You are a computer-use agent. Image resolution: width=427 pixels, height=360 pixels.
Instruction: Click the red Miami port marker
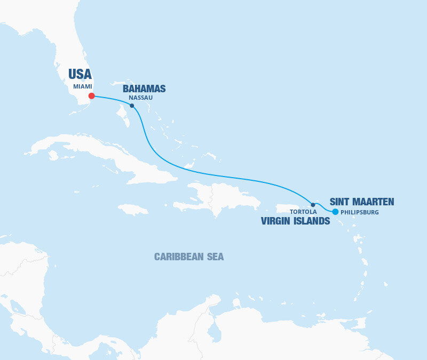[92, 96]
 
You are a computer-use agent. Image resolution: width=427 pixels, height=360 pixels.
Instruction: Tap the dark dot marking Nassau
[132, 106]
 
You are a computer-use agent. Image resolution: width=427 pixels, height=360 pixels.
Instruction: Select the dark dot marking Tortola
[313, 204]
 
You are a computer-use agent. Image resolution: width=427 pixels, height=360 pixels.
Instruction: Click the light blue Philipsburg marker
[335, 212]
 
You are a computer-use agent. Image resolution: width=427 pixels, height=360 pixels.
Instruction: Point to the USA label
[80, 74]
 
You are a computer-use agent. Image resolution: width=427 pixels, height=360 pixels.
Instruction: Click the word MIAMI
[83, 86]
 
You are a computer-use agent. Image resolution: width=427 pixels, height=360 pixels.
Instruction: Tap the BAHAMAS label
[144, 89]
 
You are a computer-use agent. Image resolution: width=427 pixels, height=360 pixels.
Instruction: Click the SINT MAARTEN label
[362, 202]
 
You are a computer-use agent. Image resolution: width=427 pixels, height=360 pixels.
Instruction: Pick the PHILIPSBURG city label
[359, 212]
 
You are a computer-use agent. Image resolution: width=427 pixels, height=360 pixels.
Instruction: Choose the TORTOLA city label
[303, 212]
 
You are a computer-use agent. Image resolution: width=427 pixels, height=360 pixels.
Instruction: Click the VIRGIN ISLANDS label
[295, 221]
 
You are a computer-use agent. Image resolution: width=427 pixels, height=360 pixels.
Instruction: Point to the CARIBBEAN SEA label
[189, 257]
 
